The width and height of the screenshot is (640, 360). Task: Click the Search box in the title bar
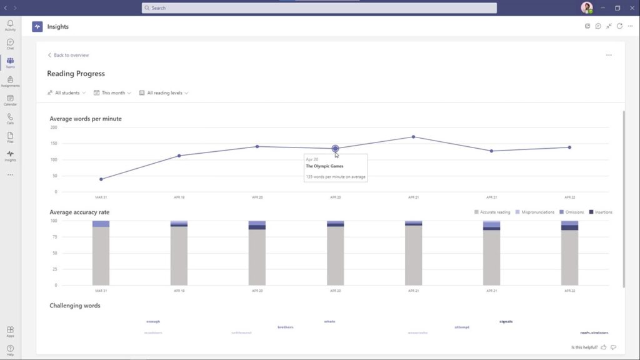319,8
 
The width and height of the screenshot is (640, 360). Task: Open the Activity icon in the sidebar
10,25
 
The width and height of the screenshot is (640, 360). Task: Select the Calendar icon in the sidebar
10,100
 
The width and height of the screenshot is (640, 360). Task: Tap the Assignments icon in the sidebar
10,81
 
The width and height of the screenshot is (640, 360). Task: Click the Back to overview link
68,55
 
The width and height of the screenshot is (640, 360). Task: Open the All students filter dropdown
67,92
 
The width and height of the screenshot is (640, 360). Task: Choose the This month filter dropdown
112,92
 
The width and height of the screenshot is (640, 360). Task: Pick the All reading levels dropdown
164,92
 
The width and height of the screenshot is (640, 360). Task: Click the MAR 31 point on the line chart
101,179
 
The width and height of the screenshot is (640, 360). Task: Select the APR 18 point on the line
179,156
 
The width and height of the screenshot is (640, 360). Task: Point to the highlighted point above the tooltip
336,149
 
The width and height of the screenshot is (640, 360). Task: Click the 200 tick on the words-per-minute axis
54,127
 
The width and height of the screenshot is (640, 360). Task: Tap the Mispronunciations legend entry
536,212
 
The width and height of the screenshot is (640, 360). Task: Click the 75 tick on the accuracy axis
54,237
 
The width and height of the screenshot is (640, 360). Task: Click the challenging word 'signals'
506,322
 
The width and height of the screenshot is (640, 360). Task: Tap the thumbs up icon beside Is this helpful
604,347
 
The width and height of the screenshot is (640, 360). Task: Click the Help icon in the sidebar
10,350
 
